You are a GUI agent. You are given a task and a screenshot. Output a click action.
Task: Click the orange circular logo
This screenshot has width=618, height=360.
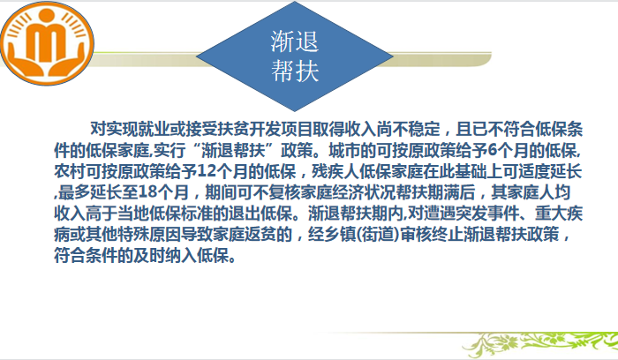tap(47, 43)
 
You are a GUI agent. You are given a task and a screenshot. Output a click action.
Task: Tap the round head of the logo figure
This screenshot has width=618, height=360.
tap(47, 15)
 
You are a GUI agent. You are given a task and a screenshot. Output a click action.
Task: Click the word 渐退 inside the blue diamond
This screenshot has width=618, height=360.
tap(295, 41)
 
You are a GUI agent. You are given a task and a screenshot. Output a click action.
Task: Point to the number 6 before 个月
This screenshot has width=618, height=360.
tap(493, 151)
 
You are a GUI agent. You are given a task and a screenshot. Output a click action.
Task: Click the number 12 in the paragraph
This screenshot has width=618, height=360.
tap(205, 171)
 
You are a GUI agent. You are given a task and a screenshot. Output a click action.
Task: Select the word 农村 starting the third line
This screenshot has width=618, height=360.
tap(70, 171)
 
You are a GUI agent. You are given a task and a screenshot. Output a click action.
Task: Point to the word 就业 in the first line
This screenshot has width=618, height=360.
tap(154, 129)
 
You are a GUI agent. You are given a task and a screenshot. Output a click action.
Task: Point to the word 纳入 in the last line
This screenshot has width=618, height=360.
tap(181, 256)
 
